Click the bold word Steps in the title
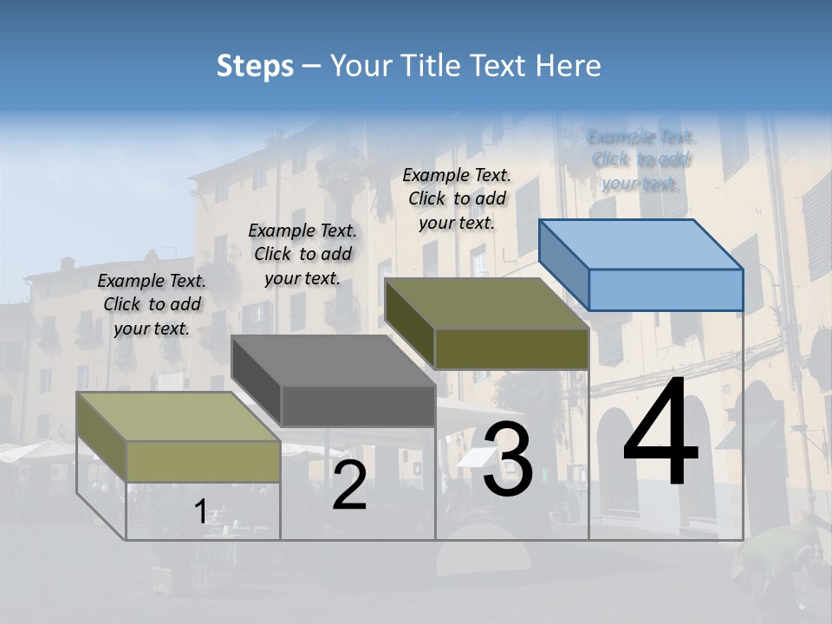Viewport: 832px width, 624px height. point(255,66)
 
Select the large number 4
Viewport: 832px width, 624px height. point(660,433)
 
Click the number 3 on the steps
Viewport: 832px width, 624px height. point(508,459)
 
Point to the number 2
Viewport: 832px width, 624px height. point(349,485)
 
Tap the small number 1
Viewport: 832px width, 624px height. point(200,512)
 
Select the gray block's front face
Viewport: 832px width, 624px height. point(358,406)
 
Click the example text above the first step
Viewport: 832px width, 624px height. point(152,304)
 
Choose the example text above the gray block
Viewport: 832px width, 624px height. point(302,254)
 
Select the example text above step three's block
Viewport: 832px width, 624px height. point(457,198)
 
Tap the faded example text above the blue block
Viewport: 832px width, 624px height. point(641,159)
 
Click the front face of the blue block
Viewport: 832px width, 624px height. point(666,289)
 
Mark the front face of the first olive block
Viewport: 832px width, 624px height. point(204,461)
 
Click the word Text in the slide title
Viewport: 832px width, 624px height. point(503,66)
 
